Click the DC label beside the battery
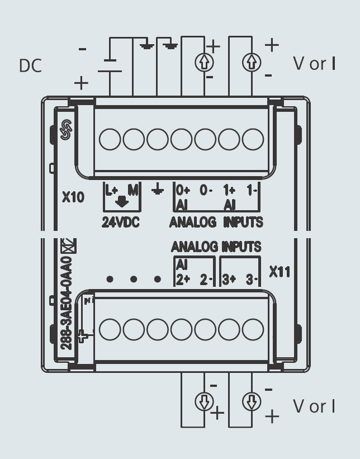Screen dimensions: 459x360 pyautogui.click(x=31, y=65)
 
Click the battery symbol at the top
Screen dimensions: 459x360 pyautogui.click(x=110, y=66)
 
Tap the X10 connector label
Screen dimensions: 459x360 pyautogui.click(x=73, y=197)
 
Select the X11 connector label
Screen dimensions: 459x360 pyautogui.click(x=280, y=272)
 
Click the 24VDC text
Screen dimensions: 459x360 pyautogui.click(x=121, y=221)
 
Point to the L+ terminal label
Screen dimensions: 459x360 pyautogui.click(x=111, y=190)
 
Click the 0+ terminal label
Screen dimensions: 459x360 pyautogui.click(x=183, y=190)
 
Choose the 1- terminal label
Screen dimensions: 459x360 pyautogui.click(x=252, y=190)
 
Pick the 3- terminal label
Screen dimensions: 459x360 pyautogui.click(x=252, y=280)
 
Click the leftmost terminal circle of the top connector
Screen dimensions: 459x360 pyautogui.click(x=110, y=139)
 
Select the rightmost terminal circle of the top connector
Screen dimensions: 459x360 pyautogui.click(x=253, y=139)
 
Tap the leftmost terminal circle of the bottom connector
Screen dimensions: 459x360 pyautogui.click(x=110, y=329)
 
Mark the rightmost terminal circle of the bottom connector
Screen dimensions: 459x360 pyautogui.click(x=253, y=329)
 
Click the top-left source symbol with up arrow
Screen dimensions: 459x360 pyautogui.click(x=204, y=63)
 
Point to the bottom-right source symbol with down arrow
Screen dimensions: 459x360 pyautogui.click(x=252, y=401)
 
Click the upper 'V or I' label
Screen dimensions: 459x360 pyautogui.click(x=314, y=63)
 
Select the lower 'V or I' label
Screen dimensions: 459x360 pyautogui.click(x=314, y=406)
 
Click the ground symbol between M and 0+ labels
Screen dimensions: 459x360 pyautogui.click(x=158, y=191)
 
